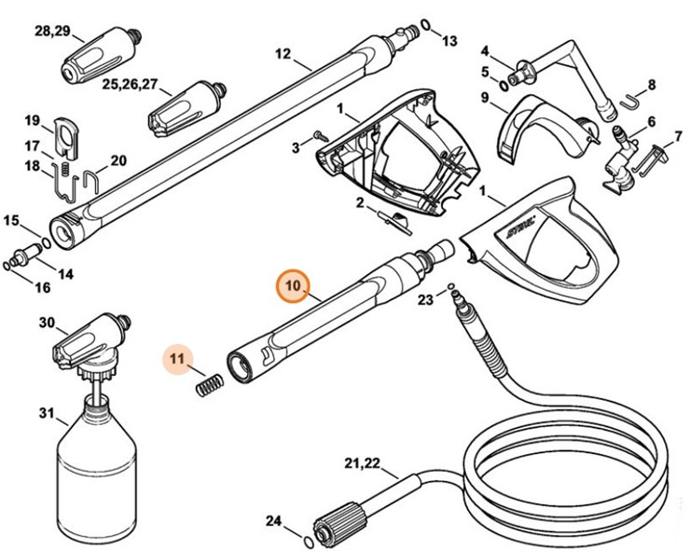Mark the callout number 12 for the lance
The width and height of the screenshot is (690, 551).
pyautogui.click(x=283, y=53)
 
